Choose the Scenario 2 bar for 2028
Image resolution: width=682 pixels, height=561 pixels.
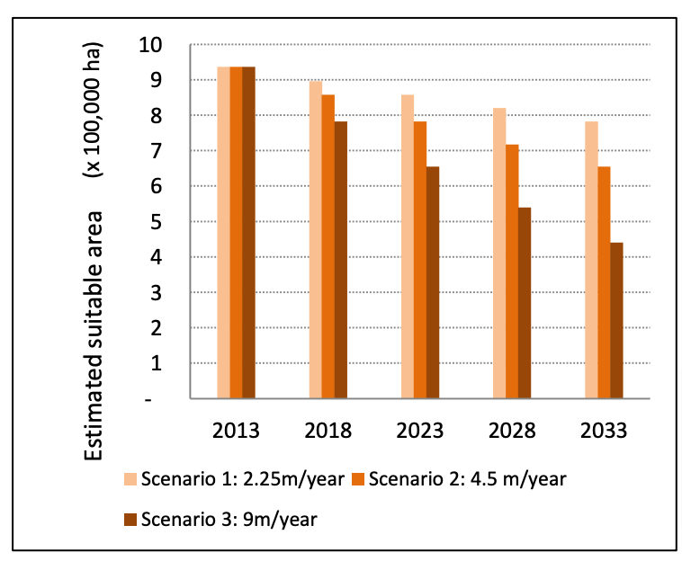[512, 271]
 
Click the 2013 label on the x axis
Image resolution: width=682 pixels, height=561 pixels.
[236, 430]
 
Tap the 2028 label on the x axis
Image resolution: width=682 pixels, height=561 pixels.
[512, 430]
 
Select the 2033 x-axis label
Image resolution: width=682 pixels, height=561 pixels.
[604, 430]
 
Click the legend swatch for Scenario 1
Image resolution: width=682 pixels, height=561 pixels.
[130, 478]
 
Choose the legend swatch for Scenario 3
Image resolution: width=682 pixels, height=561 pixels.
[130, 519]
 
